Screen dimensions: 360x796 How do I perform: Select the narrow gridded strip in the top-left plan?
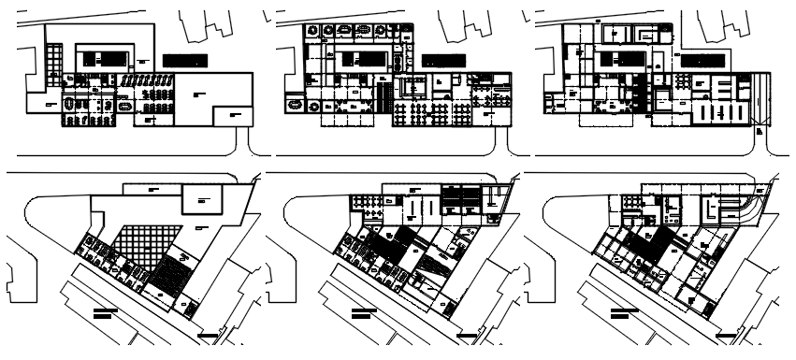coord(55,69)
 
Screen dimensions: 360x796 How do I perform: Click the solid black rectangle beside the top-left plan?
coord(184,60)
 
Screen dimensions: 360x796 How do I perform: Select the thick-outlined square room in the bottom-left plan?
coord(201,198)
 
